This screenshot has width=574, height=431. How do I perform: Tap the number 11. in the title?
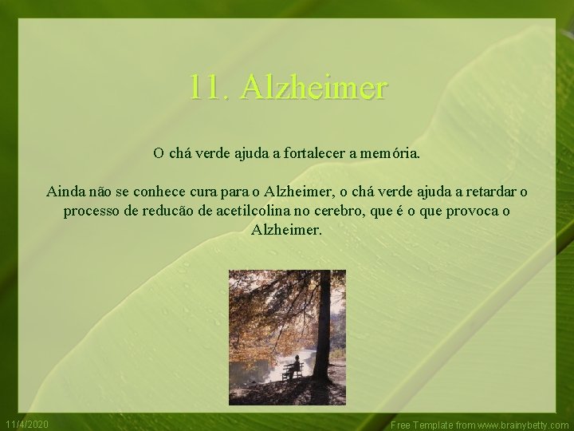coord(210,86)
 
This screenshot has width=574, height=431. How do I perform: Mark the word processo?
coord(90,212)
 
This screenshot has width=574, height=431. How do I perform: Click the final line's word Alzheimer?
coord(287,231)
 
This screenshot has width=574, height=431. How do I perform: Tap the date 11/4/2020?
coord(26,424)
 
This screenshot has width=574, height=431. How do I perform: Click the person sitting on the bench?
coord(294,366)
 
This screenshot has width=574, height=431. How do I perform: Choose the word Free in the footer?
coord(400,425)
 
